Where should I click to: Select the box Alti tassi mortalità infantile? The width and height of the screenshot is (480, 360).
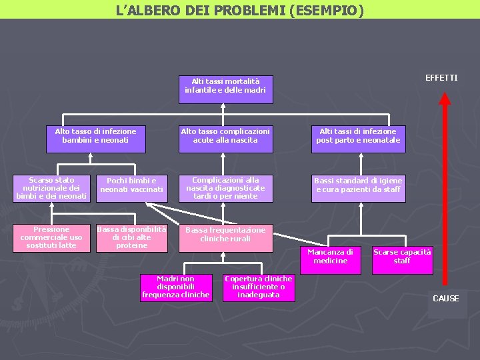click(225, 86)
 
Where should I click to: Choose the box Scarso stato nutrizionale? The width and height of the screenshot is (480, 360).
click(51, 189)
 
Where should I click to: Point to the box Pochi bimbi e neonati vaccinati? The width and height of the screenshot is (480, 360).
click(131, 186)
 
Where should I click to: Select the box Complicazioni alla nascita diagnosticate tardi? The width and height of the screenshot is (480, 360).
click(225, 189)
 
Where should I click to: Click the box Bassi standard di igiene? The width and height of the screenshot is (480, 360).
click(358, 186)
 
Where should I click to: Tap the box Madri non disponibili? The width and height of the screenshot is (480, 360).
click(175, 287)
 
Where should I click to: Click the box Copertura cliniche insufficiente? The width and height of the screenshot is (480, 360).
click(258, 287)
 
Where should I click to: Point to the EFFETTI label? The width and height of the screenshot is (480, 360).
click(441, 78)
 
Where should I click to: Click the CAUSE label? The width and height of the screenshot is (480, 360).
click(445, 299)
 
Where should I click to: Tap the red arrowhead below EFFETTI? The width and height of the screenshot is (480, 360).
click(445, 99)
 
